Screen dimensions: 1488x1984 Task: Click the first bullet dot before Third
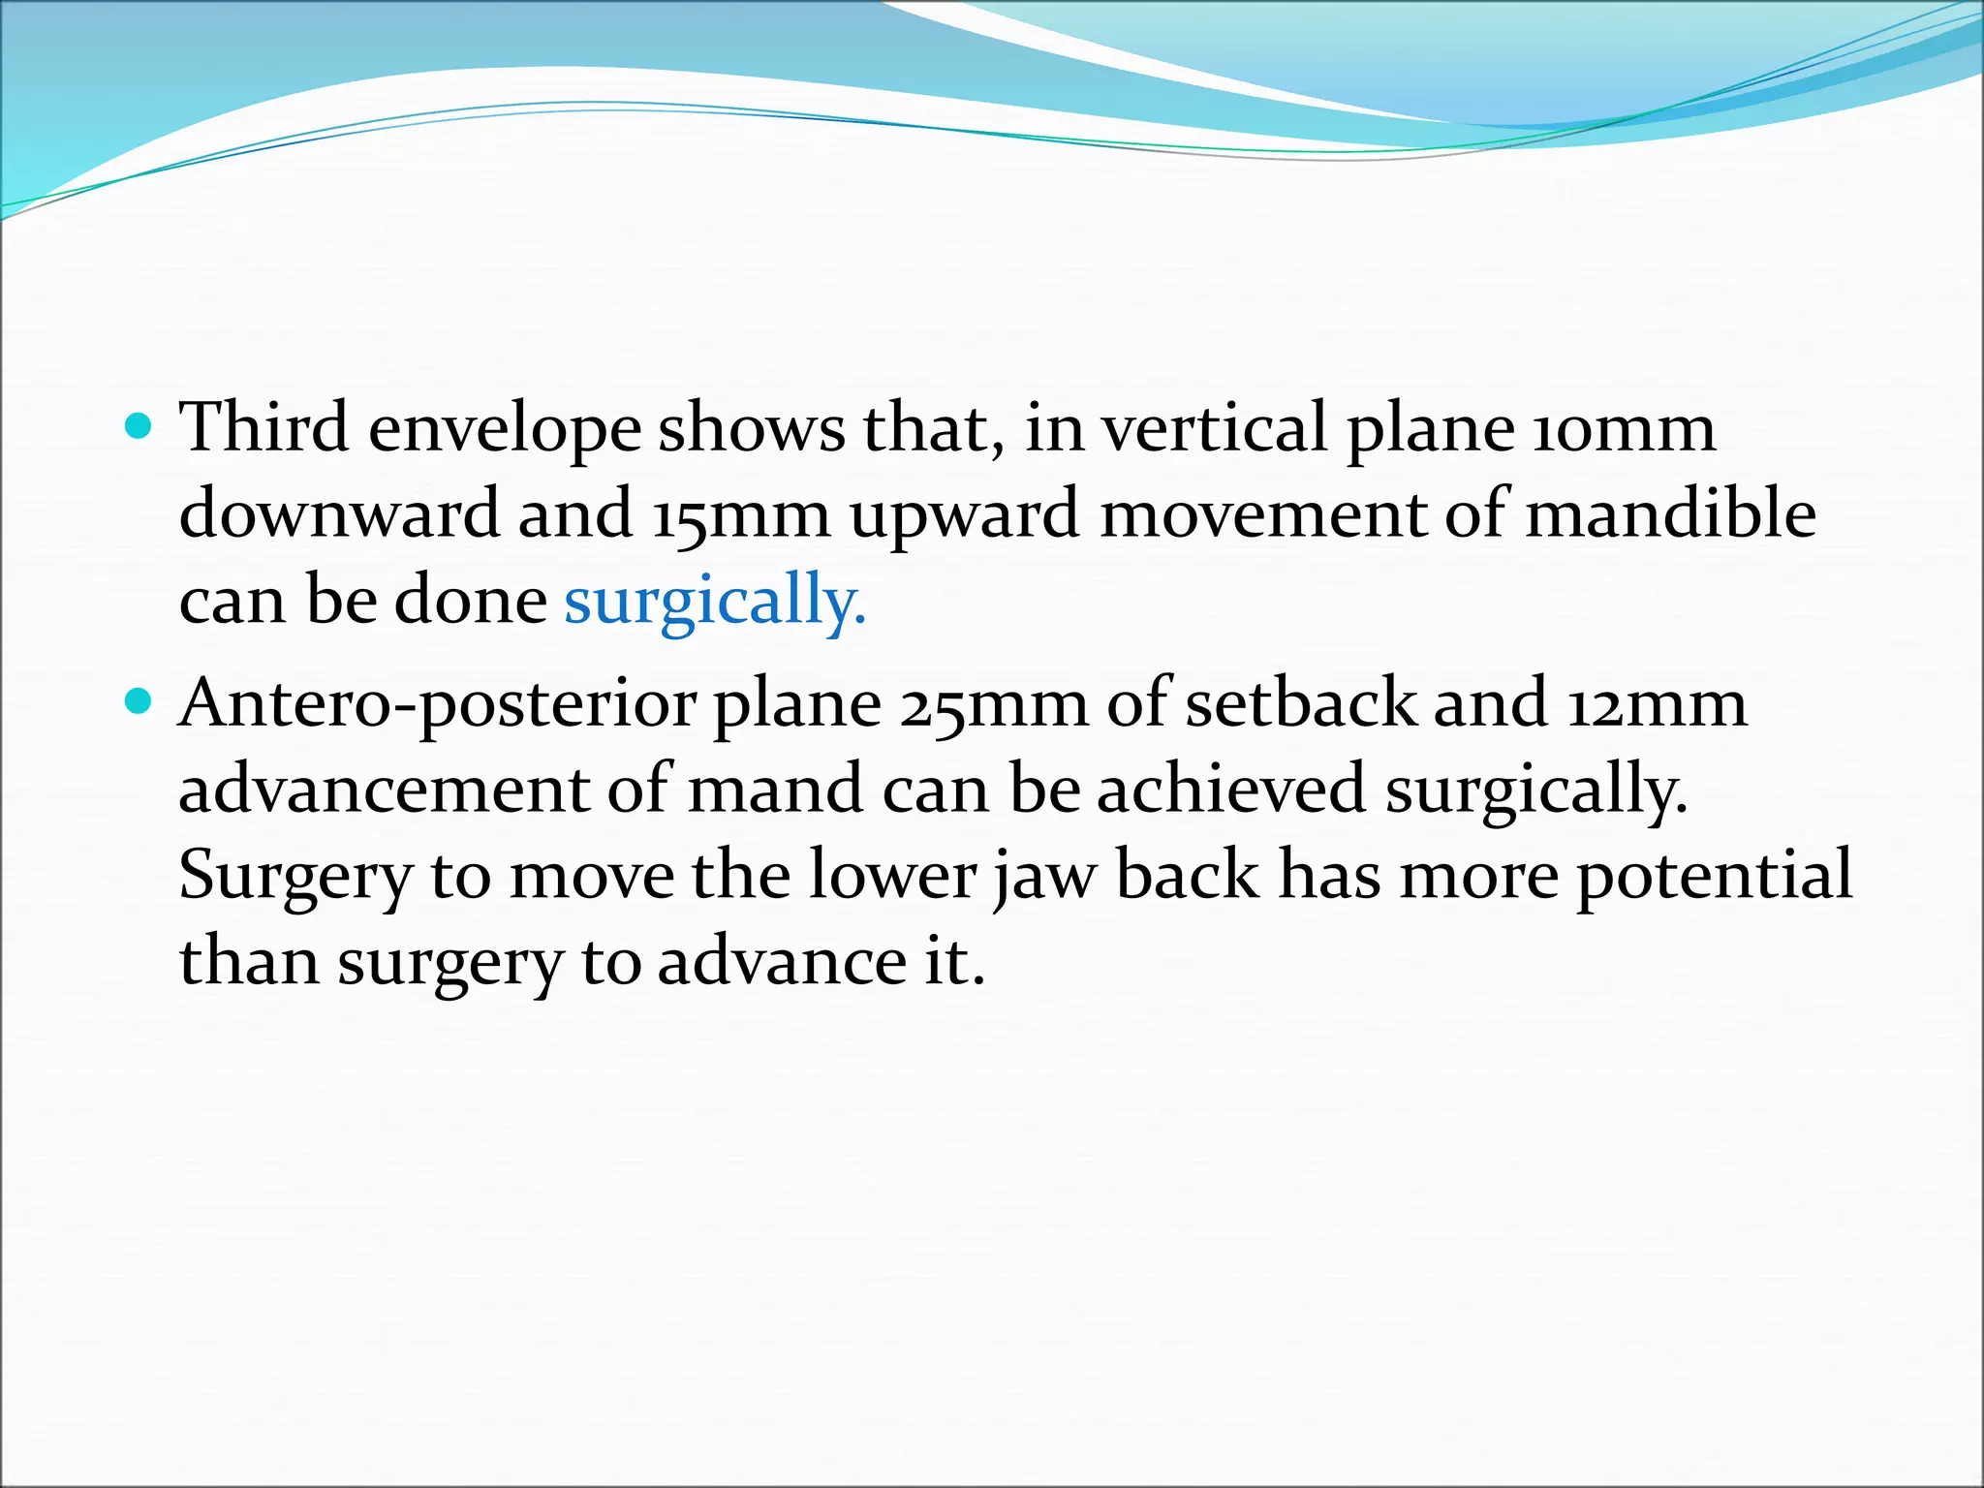click(x=139, y=426)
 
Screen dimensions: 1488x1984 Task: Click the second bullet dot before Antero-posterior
click(x=139, y=701)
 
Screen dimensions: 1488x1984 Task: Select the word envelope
click(x=505, y=430)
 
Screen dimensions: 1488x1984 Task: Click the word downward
click(x=339, y=513)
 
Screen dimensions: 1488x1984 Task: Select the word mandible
click(x=1671, y=513)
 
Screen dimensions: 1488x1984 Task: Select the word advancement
click(x=384, y=789)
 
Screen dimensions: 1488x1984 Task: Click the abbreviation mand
click(x=775, y=789)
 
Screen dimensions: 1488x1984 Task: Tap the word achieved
click(x=1231, y=789)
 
